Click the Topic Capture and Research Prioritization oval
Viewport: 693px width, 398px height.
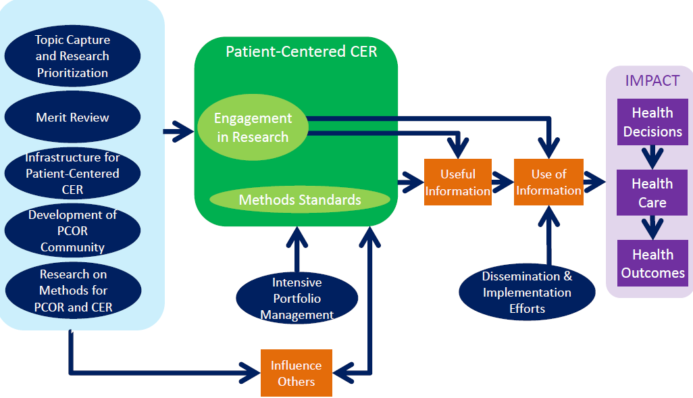point(72,56)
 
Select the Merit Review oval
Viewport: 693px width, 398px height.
point(72,117)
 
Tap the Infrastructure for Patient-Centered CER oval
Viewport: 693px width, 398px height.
point(72,174)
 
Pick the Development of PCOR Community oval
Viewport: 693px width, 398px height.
point(72,231)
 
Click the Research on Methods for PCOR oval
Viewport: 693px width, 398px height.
point(72,291)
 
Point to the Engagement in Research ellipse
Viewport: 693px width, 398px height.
point(253,128)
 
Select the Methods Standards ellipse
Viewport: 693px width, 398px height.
point(300,200)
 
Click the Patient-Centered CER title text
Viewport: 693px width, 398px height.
point(301,52)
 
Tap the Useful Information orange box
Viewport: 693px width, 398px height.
point(457,182)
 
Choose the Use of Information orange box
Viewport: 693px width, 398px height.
point(548,182)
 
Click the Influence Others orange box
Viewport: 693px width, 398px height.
point(297,373)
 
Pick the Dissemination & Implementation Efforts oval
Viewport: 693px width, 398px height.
point(527,293)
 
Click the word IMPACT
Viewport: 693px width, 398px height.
point(652,80)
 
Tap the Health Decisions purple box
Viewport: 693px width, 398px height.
point(652,122)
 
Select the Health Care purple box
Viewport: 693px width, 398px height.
point(652,193)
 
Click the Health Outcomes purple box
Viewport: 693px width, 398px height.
point(652,264)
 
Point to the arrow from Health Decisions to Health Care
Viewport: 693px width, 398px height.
point(652,157)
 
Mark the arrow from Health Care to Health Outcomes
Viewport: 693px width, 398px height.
point(652,228)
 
